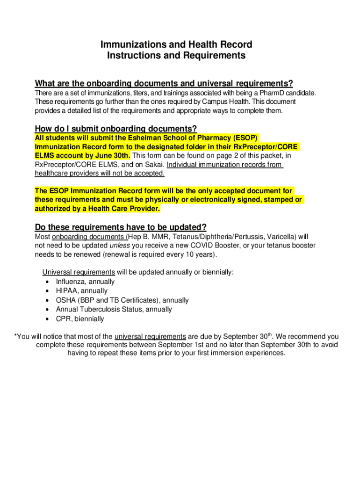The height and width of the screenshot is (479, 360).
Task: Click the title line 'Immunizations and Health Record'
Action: (x=176, y=45)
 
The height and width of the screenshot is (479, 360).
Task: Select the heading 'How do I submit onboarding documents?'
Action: (x=116, y=129)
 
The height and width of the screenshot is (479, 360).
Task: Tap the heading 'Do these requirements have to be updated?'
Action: (x=121, y=227)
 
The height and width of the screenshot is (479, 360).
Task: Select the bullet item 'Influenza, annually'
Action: (x=85, y=282)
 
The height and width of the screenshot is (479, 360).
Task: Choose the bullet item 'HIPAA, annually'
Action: (x=81, y=291)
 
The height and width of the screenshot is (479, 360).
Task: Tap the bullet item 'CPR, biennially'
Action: (x=80, y=319)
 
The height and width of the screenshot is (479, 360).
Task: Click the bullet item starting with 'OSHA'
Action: (x=122, y=300)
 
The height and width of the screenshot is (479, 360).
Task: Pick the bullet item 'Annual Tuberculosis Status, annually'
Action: (x=114, y=310)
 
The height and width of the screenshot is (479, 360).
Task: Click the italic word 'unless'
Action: (x=120, y=246)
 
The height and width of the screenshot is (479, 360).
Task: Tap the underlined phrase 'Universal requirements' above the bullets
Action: (x=79, y=272)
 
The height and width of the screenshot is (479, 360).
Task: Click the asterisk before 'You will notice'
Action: (x=16, y=336)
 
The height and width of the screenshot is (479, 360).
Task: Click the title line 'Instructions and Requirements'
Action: (x=176, y=56)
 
